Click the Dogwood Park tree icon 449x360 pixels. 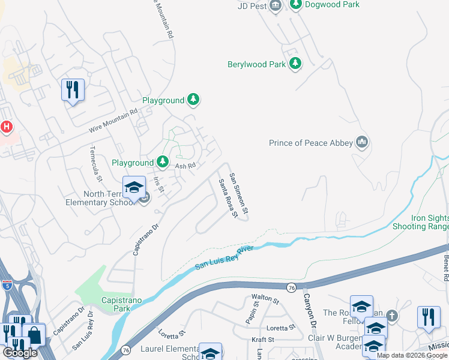click(295, 5)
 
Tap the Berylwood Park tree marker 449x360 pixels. click(295, 64)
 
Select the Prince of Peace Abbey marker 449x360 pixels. click(361, 143)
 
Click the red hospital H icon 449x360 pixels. click(7, 127)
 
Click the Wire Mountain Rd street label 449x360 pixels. click(113, 120)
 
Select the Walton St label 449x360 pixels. click(266, 298)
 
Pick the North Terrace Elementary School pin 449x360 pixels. click(134, 187)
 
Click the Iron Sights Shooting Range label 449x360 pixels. click(420, 223)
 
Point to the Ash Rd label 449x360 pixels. click(185, 166)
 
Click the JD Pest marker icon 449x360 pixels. click(276, 6)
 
